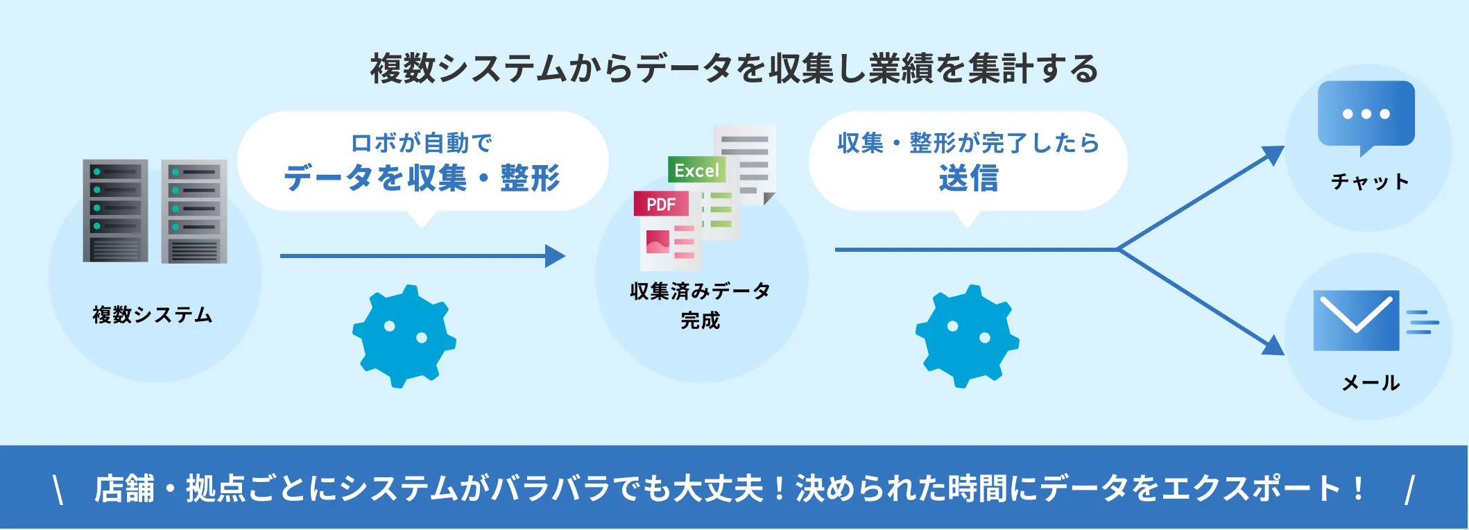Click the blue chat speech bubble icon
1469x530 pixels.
[x=1366, y=114]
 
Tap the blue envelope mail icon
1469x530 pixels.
[x=1356, y=320]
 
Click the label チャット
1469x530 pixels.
[x=1370, y=182]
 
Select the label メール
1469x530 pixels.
[x=1371, y=382]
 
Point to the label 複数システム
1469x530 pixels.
[x=153, y=315]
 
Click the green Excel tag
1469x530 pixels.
[x=696, y=170]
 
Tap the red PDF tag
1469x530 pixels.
[x=661, y=204]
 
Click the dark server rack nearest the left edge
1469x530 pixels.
[x=115, y=210]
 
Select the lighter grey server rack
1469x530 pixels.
[x=194, y=212]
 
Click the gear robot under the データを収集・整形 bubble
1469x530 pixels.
[x=404, y=336]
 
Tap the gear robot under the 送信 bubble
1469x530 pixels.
[x=968, y=336]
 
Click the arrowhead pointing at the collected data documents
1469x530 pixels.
[x=555, y=256]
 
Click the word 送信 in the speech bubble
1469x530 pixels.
[x=968, y=178]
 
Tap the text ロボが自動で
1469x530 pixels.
[x=422, y=143]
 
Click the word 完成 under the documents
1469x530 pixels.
[x=701, y=320]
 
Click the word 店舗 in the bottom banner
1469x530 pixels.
[x=125, y=488]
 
